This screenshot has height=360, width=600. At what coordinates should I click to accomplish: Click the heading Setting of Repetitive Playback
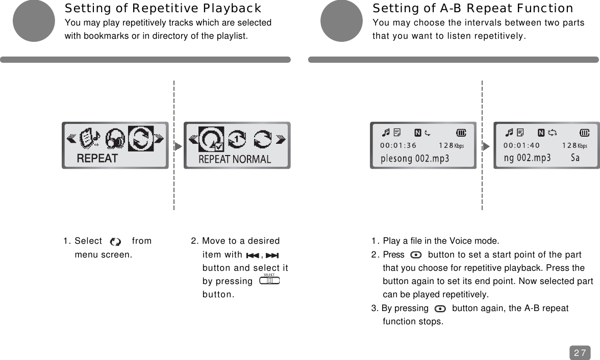point(163,9)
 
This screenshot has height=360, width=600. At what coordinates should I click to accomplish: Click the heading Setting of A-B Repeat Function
point(473,9)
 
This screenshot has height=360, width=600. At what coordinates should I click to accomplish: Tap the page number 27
point(580,352)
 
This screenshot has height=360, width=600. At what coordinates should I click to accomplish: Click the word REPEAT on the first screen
point(97,158)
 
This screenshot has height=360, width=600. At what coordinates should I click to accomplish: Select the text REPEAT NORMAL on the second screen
point(235,159)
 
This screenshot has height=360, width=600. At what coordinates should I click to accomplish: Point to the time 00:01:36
point(398,145)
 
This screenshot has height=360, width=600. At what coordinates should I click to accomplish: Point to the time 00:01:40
point(521,145)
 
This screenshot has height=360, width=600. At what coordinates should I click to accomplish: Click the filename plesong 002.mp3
point(415,158)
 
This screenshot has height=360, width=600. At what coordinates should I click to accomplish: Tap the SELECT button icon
point(269,280)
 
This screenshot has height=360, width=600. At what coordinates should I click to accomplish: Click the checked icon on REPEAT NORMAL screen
point(210,139)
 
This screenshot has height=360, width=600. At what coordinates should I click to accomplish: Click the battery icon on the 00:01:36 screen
point(461,133)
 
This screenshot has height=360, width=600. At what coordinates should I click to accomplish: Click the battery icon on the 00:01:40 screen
point(584,133)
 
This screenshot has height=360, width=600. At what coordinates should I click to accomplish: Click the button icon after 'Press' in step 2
point(416,255)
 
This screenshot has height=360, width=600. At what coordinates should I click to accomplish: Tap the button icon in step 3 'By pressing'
point(440,308)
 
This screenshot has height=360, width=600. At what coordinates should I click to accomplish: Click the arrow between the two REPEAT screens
point(178,146)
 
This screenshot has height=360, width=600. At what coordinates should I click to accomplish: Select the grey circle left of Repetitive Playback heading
point(34,20)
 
